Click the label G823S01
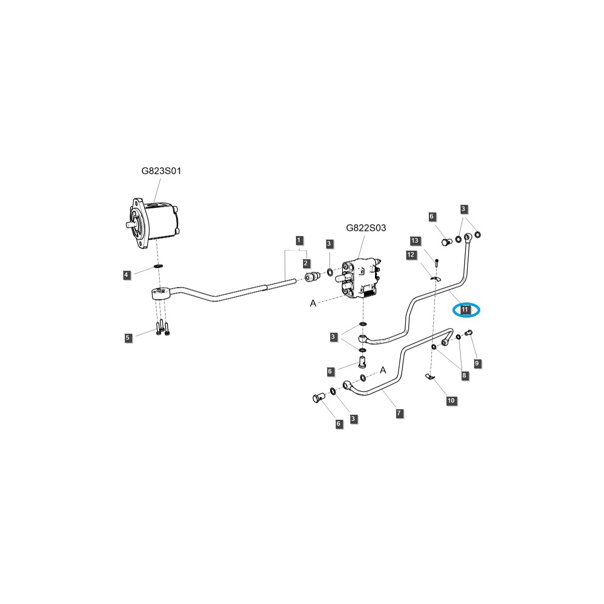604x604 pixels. point(161,171)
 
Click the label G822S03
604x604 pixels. point(366,228)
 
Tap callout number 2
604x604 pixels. point(306,263)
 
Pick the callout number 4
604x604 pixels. point(127,274)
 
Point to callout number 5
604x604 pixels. point(128,337)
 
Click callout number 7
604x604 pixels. point(399,413)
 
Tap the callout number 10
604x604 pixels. point(451,401)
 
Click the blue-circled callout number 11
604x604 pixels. point(465,310)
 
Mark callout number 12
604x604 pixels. point(411,255)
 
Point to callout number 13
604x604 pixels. point(415,241)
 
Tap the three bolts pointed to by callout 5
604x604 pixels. point(162,328)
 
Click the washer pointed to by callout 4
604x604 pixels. point(159,265)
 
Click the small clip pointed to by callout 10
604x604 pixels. point(429,376)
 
